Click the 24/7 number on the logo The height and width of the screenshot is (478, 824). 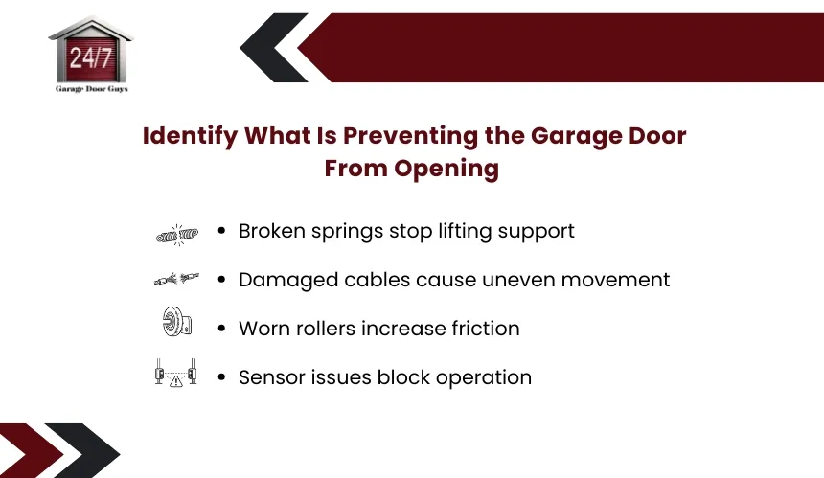[91, 57]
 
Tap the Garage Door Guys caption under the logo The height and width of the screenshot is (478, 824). [92, 89]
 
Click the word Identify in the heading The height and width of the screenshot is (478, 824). [190, 136]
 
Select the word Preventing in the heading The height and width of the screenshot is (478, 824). [410, 136]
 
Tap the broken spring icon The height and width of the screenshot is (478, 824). [177, 235]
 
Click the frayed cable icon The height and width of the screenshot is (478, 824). [176, 279]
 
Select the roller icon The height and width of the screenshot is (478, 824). [177, 322]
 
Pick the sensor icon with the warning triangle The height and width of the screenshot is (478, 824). [176, 373]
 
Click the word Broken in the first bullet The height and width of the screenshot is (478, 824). [272, 231]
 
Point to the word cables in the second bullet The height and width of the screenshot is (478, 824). [378, 280]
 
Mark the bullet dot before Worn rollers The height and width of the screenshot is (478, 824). [221, 329]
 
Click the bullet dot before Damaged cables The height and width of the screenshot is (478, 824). [221, 280]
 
